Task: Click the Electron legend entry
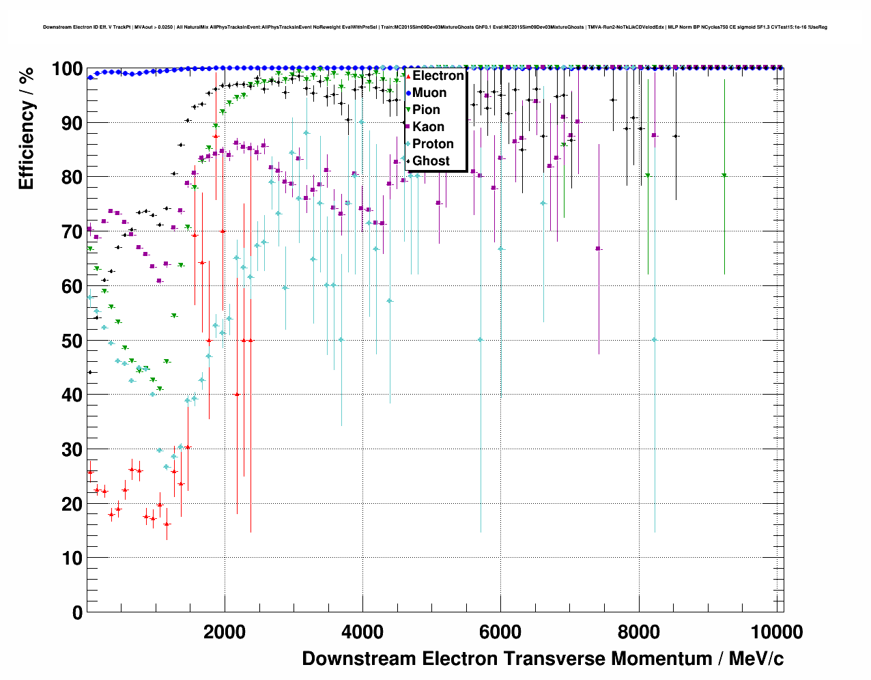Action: coord(438,76)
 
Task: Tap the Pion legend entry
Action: coord(426,110)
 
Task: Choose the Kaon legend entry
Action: coord(428,127)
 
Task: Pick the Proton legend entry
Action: coord(433,144)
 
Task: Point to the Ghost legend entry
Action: coord(431,161)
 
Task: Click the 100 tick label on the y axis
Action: coord(67,69)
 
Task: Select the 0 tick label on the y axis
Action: coord(77,612)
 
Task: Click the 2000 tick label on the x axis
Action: coord(225,632)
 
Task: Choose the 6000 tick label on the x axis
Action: coord(500,632)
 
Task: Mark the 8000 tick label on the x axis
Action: coord(639,632)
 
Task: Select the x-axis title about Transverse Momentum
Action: coord(543,659)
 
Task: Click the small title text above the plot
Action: coord(435,27)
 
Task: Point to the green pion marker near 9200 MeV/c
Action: coord(725,175)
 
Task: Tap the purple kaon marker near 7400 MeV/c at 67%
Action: coord(599,249)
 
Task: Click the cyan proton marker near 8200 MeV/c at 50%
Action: coord(655,339)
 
